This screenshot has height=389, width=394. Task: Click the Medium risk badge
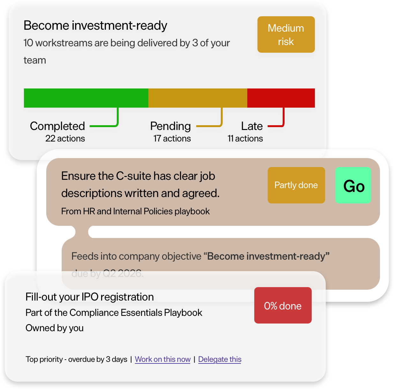tap(286, 34)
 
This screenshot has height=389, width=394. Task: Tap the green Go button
tap(353, 185)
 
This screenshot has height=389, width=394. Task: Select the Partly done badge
tap(296, 185)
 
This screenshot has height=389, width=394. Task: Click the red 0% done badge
tap(283, 305)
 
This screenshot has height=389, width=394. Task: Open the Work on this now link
tap(162, 359)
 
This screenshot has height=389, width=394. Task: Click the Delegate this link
tap(219, 359)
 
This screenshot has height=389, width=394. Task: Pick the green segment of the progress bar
tap(86, 98)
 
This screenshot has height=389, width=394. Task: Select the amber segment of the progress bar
tap(197, 98)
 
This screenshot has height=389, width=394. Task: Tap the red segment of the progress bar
tap(281, 98)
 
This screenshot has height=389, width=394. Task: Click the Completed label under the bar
tap(57, 126)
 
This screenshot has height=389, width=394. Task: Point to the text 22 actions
tap(65, 139)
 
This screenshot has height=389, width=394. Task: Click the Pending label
tap(170, 126)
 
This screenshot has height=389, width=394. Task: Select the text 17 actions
tap(172, 139)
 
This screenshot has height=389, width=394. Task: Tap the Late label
tap(252, 126)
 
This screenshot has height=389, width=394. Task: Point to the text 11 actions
tap(245, 139)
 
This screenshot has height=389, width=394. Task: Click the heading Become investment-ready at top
tap(95, 26)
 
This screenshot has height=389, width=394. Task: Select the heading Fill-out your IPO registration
tap(89, 297)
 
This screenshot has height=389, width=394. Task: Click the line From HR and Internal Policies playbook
tap(135, 211)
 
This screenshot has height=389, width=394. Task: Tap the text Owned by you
tap(55, 328)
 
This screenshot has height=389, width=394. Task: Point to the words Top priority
tap(44, 359)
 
